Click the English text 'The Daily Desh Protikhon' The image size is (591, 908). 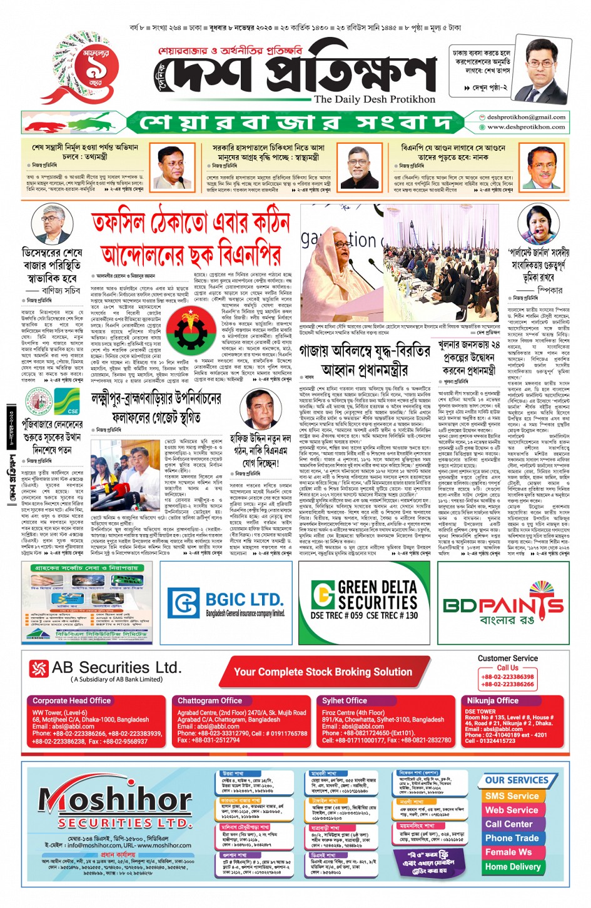[x=374, y=99]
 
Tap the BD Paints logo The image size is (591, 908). [x=503, y=605]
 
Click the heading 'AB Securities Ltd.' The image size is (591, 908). [x=116, y=667]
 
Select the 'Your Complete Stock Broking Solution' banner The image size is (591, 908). [x=323, y=672]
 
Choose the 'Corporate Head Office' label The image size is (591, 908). [x=72, y=700]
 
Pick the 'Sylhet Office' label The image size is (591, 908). [x=345, y=700]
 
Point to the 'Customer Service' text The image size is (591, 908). [x=507, y=658]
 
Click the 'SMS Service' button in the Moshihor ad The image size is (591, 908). [x=512, y=796]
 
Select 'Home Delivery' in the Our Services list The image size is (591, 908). [x=512, y=867]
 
